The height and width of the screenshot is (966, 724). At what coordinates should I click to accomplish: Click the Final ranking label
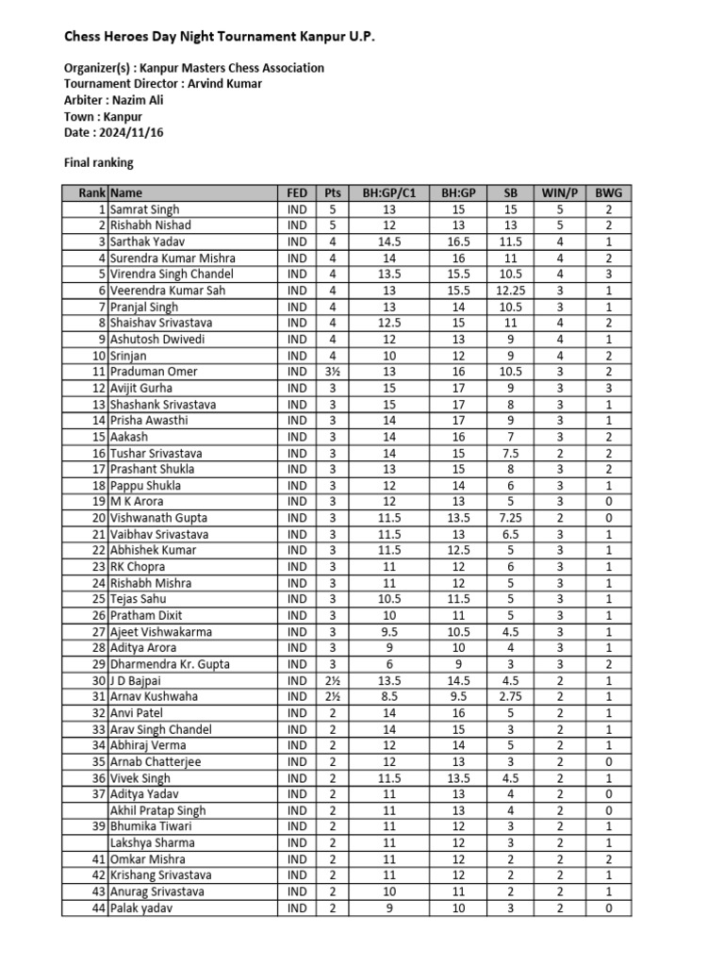pyautogui.click(x=98, y=162)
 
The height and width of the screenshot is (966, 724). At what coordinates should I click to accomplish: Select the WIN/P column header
pyautogui.click(x=558, y=192)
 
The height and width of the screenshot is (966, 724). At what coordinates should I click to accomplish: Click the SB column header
pyautogui.click(x=510, y=192)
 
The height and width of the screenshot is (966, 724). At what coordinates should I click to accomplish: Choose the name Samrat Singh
pyautogui.click(x=144, y=209)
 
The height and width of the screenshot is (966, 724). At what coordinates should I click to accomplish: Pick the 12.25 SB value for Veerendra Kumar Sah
pyautogui.click(x=510, y=291)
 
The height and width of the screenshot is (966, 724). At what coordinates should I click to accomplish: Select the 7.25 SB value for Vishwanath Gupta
pyautogui.click(x=510, y=518)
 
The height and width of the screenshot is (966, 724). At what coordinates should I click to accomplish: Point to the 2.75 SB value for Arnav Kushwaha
pyautogui.click(x=510, y=696)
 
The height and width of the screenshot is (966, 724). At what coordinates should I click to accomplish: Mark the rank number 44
pyautogui.click(x=98, y=908)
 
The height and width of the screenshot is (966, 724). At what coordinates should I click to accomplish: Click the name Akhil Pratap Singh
pyautogui.click(x=157, y=810)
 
